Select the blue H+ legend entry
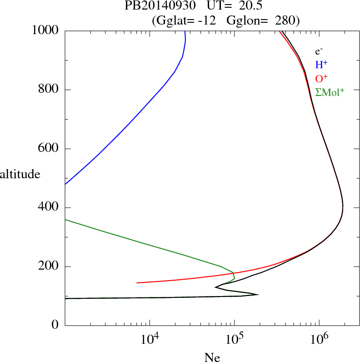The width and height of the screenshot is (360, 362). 321,65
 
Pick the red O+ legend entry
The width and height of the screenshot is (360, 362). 321,78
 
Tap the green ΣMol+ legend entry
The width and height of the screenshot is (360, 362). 330,92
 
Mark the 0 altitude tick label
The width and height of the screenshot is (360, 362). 55,326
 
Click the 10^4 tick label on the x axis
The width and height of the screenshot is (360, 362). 150,339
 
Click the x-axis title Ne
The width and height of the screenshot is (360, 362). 212,357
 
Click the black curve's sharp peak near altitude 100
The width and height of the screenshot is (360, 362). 258,295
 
